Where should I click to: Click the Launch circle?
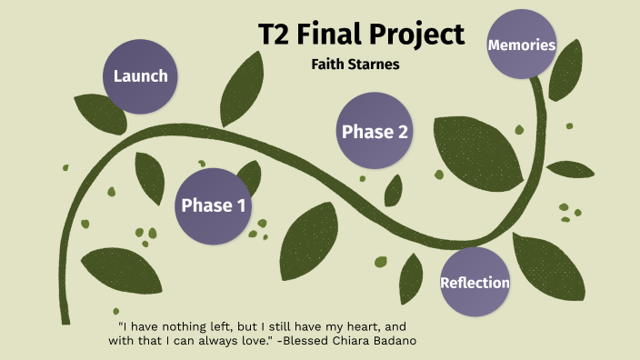point(140,75)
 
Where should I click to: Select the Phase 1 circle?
point(213,205)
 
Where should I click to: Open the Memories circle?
point(521,44)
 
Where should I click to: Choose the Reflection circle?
point(475,282)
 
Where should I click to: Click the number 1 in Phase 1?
point(240,205)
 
